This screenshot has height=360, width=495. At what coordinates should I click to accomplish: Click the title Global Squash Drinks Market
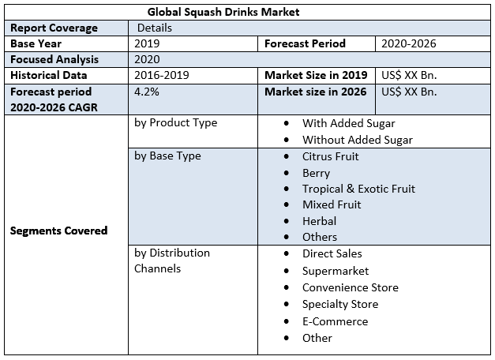pyautogui.click(x=223, y=13)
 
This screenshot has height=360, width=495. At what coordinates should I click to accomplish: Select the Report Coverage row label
pyautogui.click(x=54, y=28)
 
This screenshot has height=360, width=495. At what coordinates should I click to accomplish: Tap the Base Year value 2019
pyautogui.click(x=147, y=43)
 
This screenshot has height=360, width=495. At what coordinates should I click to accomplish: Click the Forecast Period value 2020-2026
pyautogui.click(x=408, y=43)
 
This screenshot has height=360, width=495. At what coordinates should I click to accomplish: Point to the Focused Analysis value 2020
pyautogui.click(x=147, y=59)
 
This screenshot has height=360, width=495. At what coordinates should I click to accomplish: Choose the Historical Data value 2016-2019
pyautogui.click(x=161, y=75)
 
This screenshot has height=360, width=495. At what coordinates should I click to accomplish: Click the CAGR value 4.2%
pyautogui.click(x=147, y=91)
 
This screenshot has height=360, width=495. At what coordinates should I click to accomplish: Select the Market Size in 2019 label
pyautogui.click(x=316, y=75)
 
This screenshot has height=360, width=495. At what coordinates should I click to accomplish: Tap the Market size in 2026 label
pyautogui.click(x=316, y=91)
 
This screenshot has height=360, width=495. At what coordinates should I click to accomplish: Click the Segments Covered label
pyautogui.click(x=58, y=231)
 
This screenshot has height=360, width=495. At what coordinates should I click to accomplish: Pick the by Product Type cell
pyautogui.click(x=175, y=123)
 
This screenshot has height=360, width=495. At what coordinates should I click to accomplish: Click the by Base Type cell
pyautogui.click(x=167, y=156)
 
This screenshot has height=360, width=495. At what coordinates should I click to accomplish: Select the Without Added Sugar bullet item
pyautogui.click(x=358, y=140)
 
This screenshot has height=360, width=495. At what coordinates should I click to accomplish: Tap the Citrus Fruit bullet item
pyautogui.click(x=330, y=156)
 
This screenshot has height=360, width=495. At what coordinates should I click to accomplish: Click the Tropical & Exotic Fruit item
pyautogui.click(x=358, y=189)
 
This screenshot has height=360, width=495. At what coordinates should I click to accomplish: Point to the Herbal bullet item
pyautogui.click(x=319, y=221)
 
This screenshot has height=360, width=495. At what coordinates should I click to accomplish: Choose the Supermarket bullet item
pyautogui.click(x=336, y=271)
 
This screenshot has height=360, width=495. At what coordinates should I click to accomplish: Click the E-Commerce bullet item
pyautogui.click(x=335, y=321)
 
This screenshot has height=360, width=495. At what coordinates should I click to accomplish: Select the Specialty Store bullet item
pyautogui.click(x=339, y=304)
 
